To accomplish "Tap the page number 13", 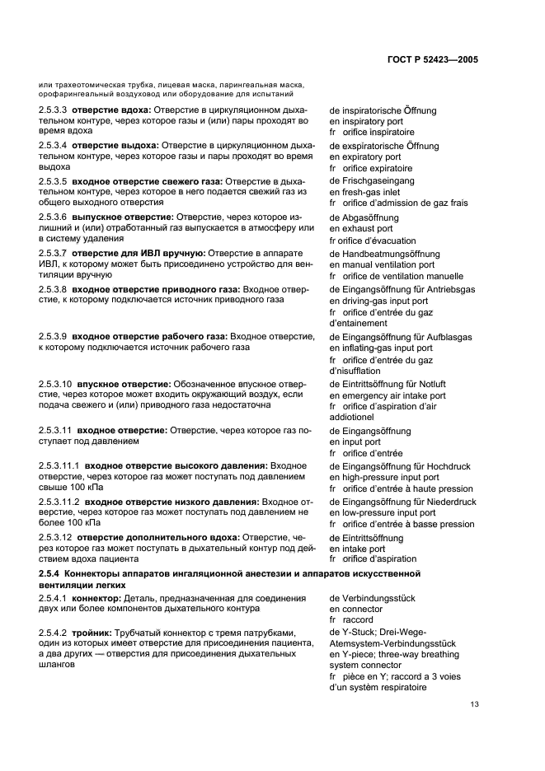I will click(x=475, y=704).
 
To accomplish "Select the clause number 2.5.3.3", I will click(x=52, y=110).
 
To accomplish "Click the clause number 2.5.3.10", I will click(x=54, y=384).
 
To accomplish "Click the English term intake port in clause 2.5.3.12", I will click(x=362, y=549).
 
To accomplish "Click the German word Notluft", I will click(x=430, y=384).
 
